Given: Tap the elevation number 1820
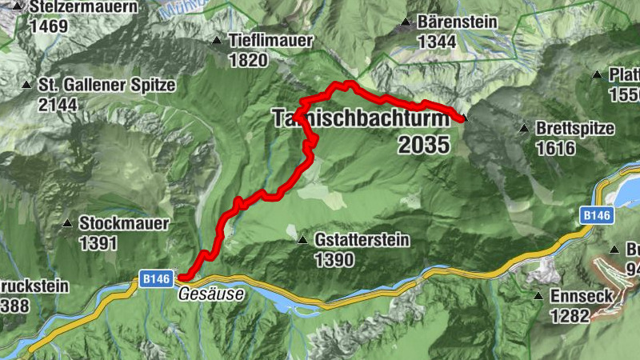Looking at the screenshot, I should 246,60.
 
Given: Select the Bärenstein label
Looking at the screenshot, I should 457,22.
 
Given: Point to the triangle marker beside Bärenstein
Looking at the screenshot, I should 406,22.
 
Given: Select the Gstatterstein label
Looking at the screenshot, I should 362,240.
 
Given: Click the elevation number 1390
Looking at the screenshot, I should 334,259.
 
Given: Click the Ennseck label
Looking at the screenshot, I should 581,296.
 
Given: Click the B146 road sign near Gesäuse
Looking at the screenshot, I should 156,278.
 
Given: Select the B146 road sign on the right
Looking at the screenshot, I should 596,215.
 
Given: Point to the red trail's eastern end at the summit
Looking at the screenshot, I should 463,119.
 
